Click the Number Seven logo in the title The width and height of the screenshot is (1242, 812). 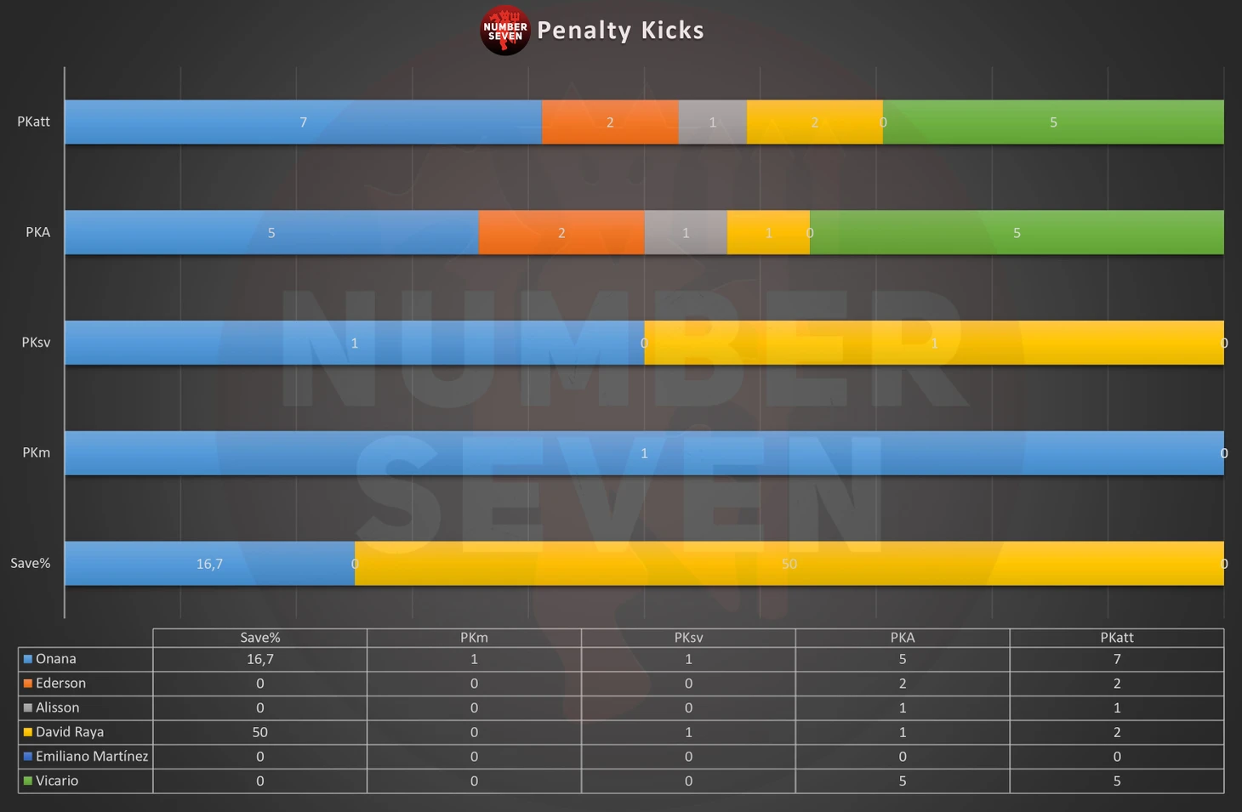click(x=504, y=31)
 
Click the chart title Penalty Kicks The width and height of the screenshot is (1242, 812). click(x=620, y=31)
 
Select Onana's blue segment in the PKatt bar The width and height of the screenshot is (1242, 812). click(x=303, y=122)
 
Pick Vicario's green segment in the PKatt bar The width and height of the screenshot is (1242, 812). click(x=1053, y=122)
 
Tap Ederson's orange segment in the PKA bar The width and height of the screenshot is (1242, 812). click(x=561, y=232)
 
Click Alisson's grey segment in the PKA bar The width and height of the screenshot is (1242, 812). click(x=686, y=232)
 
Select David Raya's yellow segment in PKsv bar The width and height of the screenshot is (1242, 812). click(x=934, y=343)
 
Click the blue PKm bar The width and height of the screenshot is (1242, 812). click(x=644, y=453)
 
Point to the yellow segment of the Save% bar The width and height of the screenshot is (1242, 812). click(x=789, y=564)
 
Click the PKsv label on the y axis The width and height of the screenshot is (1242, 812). click(x=36, y=343)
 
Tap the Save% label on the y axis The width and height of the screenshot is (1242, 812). click(x=31, y=564)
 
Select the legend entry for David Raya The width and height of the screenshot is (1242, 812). click(x=69, y=732)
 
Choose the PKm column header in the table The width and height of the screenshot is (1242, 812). click(x=474, y=638)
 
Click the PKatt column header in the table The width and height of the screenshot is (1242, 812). click(x=1116, y=638)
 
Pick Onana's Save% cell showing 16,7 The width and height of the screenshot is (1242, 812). click(x=259, y=659)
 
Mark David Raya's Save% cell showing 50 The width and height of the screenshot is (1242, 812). click(x=259, y=732)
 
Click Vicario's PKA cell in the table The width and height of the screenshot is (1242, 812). click(x=902, y=781)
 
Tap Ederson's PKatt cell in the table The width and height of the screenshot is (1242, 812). click(x=1116, y=684)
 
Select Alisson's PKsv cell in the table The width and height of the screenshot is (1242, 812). click(x=688, y=707)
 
